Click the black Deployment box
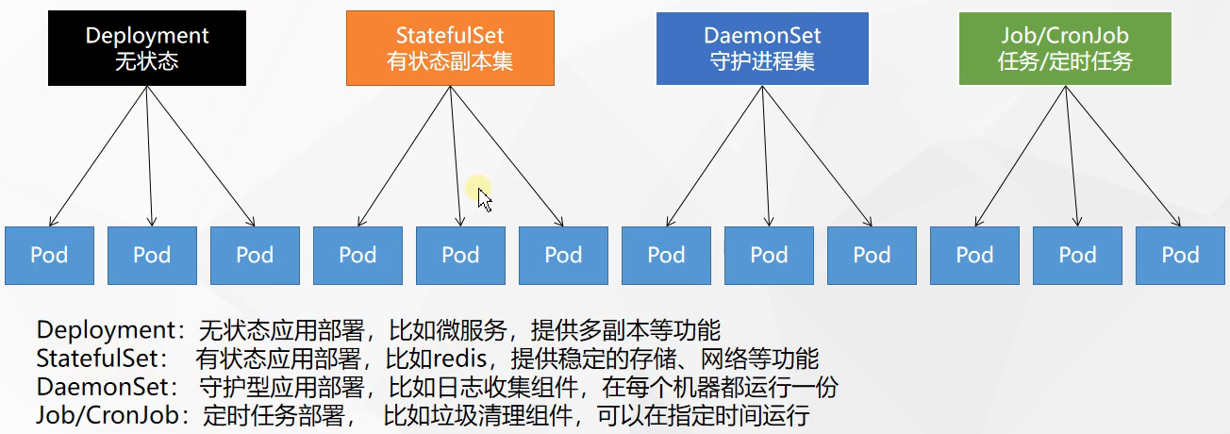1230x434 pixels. point(147,49)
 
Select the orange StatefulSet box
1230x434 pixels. point(450,49)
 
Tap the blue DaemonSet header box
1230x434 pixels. point(761,49)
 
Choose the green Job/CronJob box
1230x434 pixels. point(1064,49)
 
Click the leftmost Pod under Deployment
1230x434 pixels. point(49,256)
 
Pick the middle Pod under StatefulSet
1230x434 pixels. point(460,256)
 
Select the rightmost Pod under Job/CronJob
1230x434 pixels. point(1179,256)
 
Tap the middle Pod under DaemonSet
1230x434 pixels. point(769,256)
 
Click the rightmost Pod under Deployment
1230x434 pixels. point(254,256)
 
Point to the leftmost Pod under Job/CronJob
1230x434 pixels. point(974,256)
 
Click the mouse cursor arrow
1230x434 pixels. point(484,199)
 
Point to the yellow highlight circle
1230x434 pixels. point(478,187)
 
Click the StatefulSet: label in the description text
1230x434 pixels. point(103,359)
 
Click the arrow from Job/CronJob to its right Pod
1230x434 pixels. point(1122,156)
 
